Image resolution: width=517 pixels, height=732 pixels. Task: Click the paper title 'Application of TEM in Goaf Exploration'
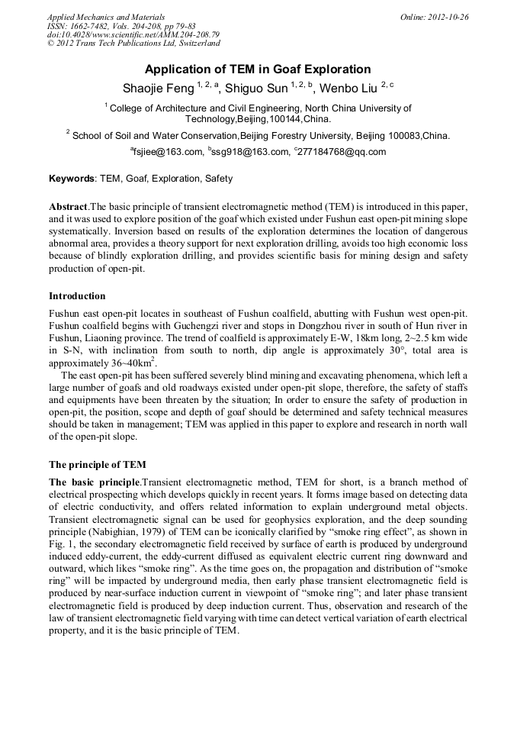pyautogui.click(x=258, y=69)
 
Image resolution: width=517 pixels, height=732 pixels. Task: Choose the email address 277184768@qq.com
pyautogui.click(x=342, y=152)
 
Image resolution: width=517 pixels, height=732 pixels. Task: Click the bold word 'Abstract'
pyautogui.click(x=69, y=207)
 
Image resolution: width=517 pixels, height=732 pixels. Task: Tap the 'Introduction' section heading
pyautogui.click(x=77, y=295)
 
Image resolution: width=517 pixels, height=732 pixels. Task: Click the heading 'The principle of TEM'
pyautogui.click(x=98, y=464)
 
